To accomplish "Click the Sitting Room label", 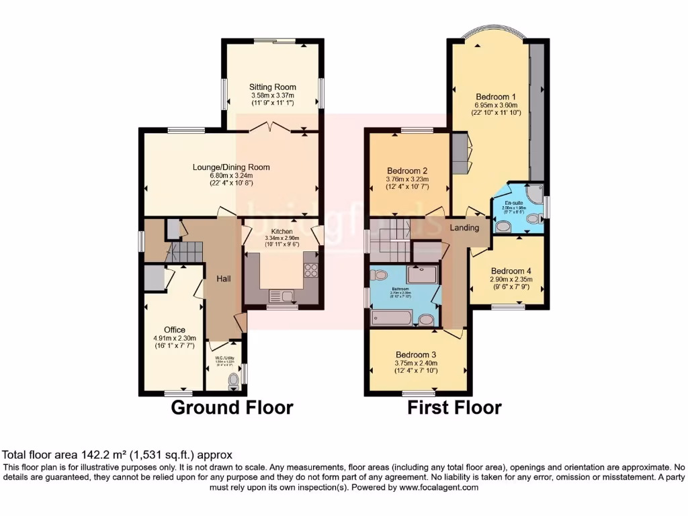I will pyautogui.click(x=272, y=87).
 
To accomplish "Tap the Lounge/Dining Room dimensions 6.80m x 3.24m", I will pyautogui.click(x=230, y=176).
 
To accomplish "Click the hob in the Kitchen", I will pyautogui.click(x=312, y=269).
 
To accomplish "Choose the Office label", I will pyautogui.click(x=175, y=329).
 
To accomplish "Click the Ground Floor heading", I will pyautogui.click(x=232, y=407).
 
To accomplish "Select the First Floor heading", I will pyautogui.click(x=454, y=407).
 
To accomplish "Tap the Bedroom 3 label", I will pyautogui.click(x=416, y=355).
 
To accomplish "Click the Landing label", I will pyautogui.click(x=464, y=228).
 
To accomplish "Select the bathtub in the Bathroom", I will pyautogui.click(x=396, y=317).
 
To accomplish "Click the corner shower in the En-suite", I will pyautogui.click(x=534, y=194).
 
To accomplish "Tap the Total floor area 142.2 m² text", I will pyautogui.click(x=118, y=455).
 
